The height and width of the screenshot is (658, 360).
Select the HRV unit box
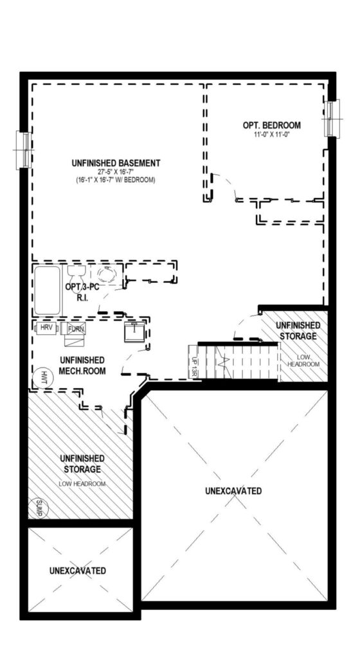(x=46, y=328)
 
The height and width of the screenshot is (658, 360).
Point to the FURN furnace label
(x=76, y=328)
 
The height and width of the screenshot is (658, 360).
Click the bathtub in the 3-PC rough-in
(x=48, y=290)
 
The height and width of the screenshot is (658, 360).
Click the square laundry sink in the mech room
(x=135, y=332)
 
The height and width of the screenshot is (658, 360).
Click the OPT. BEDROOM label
(x=271, y=125)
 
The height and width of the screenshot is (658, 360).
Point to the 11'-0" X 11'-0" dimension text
(x=272, y=135)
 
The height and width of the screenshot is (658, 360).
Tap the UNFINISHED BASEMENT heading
(x=116, y=163)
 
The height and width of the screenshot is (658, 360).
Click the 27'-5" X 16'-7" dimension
(x=116, y=172)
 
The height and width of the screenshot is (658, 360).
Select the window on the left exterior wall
(x=24, y=150)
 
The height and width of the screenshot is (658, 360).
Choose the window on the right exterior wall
(x=332, y=118)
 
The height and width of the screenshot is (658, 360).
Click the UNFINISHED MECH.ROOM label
(x=82, y=366)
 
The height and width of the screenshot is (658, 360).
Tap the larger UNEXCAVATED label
(x=234, y=490)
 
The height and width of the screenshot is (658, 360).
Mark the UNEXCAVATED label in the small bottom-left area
(x=77, y=571)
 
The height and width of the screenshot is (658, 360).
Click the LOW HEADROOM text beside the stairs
(x=303, y=361)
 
